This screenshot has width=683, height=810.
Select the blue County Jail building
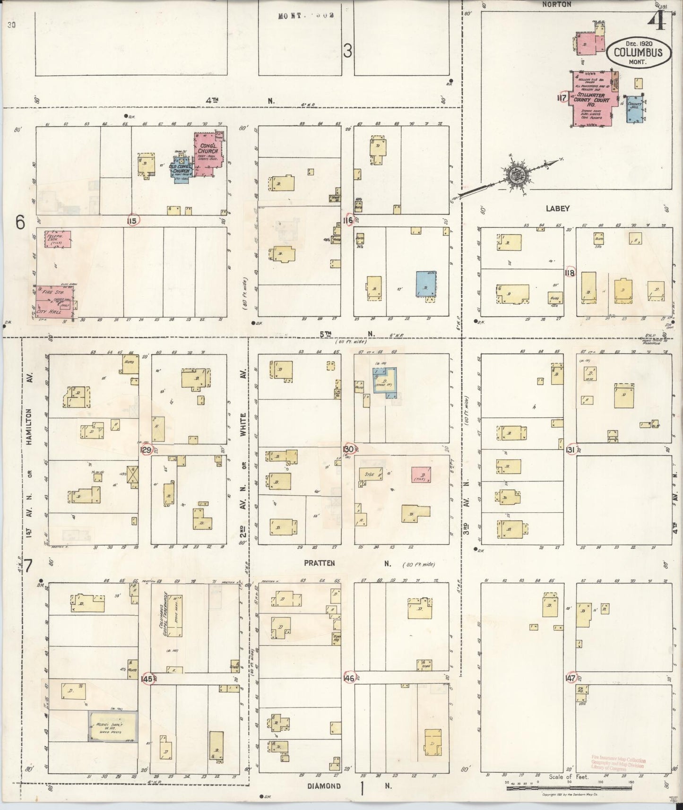634,110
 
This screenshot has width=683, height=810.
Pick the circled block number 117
562,97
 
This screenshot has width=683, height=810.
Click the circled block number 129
146,450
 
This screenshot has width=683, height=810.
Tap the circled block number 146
349,678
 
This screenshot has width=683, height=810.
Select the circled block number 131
570,450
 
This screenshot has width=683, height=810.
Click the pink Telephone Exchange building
58,239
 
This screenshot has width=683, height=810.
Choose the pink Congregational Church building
208,154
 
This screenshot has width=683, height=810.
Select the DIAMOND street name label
324,786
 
